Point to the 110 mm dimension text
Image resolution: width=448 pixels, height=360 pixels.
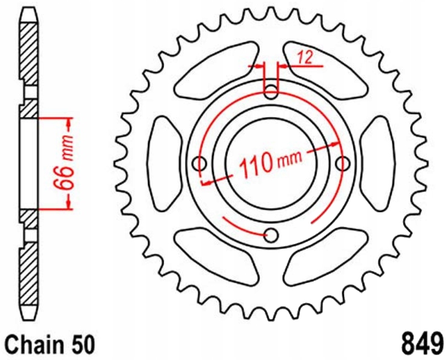click(x=270, y=162)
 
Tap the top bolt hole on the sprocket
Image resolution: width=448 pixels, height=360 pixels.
click(x=271, y=91)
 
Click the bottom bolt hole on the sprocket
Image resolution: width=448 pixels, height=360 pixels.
click(x=270, y=236)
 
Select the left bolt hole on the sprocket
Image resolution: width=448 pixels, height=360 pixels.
click(x=199, y=163)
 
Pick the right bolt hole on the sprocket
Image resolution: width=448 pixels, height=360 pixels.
click(x=343, y=163)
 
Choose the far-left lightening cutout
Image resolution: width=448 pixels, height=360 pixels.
click(x=165, y=163)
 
